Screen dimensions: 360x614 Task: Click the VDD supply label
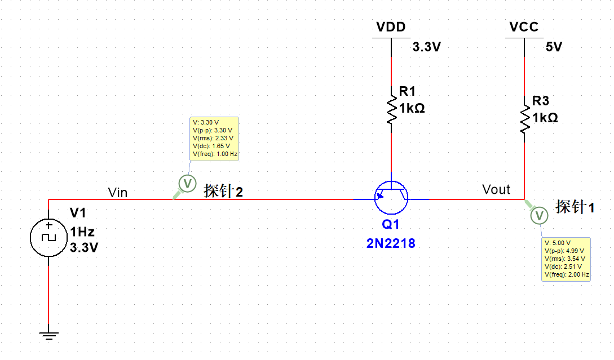[391, 27]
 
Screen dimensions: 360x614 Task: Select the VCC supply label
[524, 27]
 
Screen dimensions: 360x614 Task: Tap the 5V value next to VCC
[554, 47]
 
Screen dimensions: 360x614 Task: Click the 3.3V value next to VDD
[426, 47]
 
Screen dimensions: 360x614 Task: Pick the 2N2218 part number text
[391, 243]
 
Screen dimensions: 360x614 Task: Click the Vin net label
[117, 193]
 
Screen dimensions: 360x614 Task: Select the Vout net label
[496, 189]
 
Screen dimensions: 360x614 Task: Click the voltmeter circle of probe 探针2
[187, 183]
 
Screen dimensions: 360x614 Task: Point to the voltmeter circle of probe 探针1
[539, 215]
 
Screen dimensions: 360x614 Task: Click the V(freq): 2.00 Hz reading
[567, 275]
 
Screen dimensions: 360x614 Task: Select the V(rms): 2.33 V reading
[213, 137]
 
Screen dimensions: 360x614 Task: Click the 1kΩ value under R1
[412, 108]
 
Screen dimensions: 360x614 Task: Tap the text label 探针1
[575, 207]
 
